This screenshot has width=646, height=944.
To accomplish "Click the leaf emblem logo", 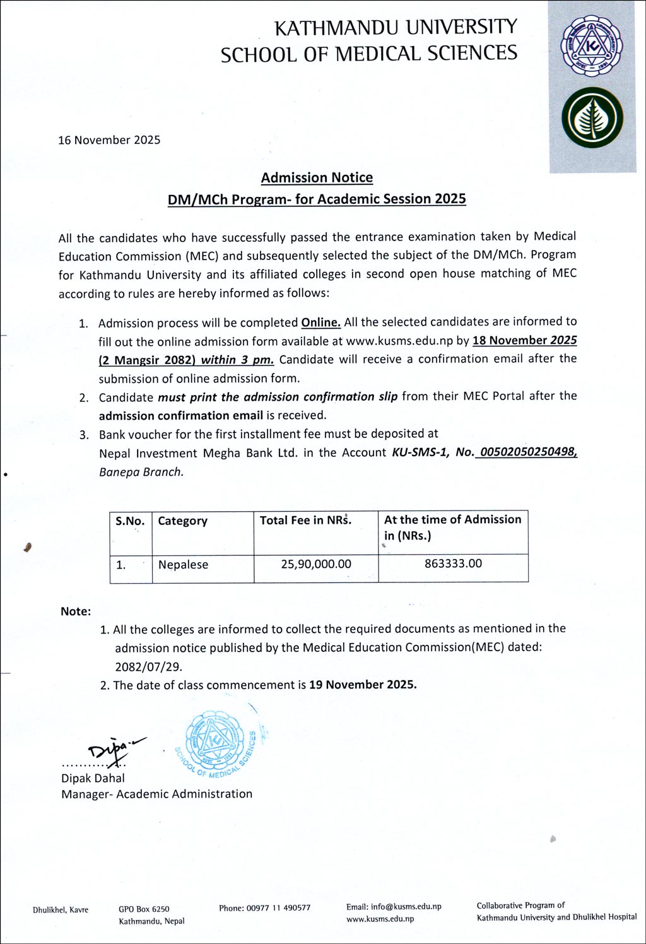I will pos(592,118).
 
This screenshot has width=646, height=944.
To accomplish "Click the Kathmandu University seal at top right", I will pos(592,47).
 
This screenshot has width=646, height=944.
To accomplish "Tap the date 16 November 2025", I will pos(109,140).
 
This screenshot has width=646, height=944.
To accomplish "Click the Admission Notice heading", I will pos(317,178).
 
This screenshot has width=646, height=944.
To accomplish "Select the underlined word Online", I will pos(321,322).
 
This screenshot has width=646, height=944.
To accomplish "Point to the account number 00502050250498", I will pos(528,452).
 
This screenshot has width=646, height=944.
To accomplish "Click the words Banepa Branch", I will pos(141,472).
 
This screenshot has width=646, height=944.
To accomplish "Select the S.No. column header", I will pos(130,521).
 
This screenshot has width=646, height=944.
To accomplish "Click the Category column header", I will pos(182,521).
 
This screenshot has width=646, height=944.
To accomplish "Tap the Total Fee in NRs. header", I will pos(305,521).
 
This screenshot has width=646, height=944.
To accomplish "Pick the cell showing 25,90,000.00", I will pos(316,564).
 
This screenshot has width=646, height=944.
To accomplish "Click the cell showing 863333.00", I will pos(453,563).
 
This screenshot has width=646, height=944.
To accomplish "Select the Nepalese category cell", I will pos(183,565).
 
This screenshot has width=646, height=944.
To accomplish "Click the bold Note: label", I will pos(76,611).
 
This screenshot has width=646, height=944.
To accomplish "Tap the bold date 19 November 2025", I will pos(363,685).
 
